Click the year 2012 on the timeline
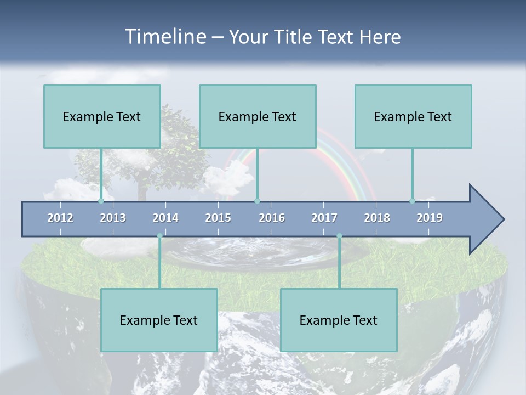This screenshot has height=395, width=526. pos(60,218)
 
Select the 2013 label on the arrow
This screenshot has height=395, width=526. pos(113,218)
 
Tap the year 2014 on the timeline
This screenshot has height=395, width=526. pos(165,218)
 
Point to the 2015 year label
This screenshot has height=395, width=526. pos(218,218)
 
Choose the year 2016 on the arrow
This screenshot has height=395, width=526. pos(272,218)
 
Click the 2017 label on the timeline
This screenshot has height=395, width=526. pos(324,218)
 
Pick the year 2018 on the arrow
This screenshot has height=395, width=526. pos(377,218)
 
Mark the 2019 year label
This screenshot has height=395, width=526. pos(430,218)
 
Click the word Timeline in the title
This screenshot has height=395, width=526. pos(164,36)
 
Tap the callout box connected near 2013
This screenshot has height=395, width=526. pos(102,116)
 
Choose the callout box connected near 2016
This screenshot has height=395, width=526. pos(258,116)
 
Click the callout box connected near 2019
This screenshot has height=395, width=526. pos(413,116)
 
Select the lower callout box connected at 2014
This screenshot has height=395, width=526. pos(159,320)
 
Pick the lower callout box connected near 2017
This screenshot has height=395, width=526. pos(339,320)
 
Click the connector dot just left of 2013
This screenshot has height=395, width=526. pos(101,201)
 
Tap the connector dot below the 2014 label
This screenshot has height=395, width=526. pos(159,236)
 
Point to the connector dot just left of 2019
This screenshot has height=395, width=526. pos(412,201)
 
